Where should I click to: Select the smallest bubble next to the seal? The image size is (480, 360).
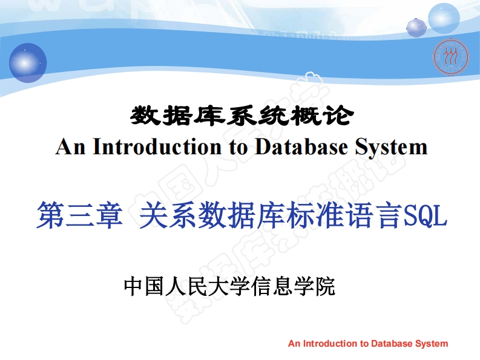click(416, 27)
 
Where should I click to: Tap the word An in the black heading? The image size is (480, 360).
click(70, 147)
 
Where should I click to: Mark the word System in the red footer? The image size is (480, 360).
click(432, 344)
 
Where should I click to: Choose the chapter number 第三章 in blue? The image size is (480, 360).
click(79, 216)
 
